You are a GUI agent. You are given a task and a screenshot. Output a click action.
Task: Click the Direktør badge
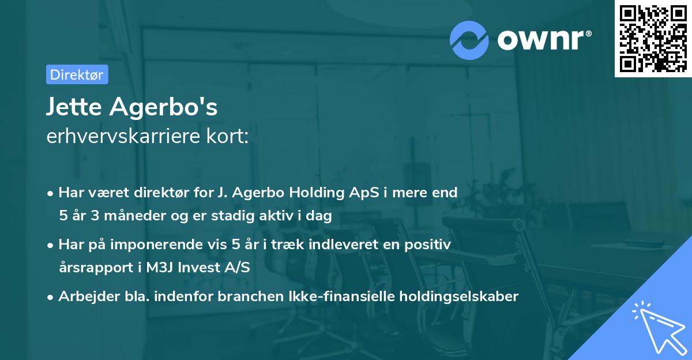click(x=77, y=74)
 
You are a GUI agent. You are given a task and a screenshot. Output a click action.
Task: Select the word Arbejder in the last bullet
click(x=84, y=297)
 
